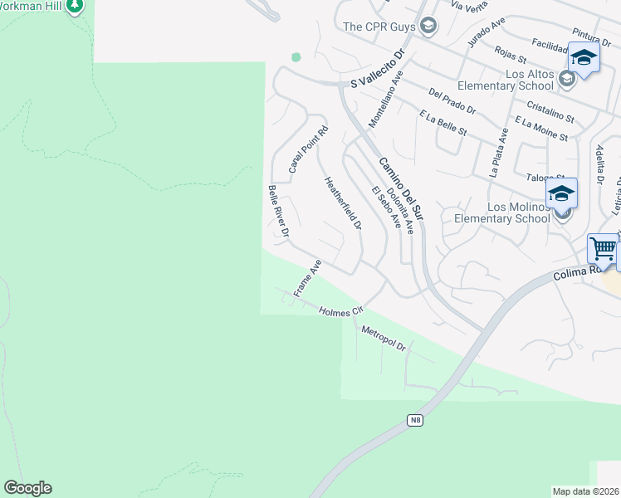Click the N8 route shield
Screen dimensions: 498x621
[416, 421]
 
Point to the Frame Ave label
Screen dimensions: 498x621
[307, 279]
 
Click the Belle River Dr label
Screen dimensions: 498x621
[277, 211]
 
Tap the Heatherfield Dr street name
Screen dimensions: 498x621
[342, 203]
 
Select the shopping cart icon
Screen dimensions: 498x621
[602, 247]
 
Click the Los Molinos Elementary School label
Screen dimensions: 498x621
[507, 212]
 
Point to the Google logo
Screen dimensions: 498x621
[27, 487]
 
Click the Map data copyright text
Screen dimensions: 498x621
[586, 491]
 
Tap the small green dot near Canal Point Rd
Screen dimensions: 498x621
[296, 57]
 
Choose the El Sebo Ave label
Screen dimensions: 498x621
[387, 208]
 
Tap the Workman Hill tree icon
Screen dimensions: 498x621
[76, 7]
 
